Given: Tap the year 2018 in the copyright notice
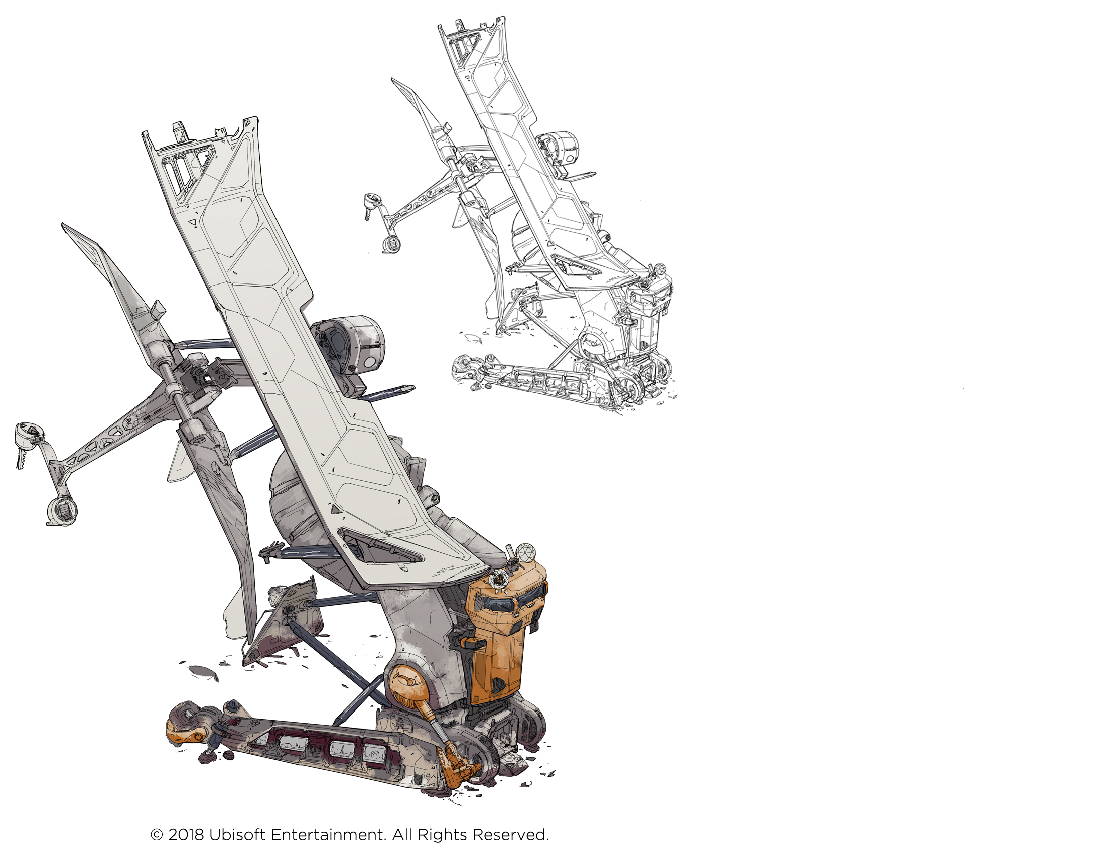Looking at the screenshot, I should pos(186,835).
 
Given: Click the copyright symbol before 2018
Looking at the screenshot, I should pos(157,835).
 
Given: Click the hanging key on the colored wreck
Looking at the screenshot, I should pos(21,458).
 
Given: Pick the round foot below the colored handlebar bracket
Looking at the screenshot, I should pos(62,510).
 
